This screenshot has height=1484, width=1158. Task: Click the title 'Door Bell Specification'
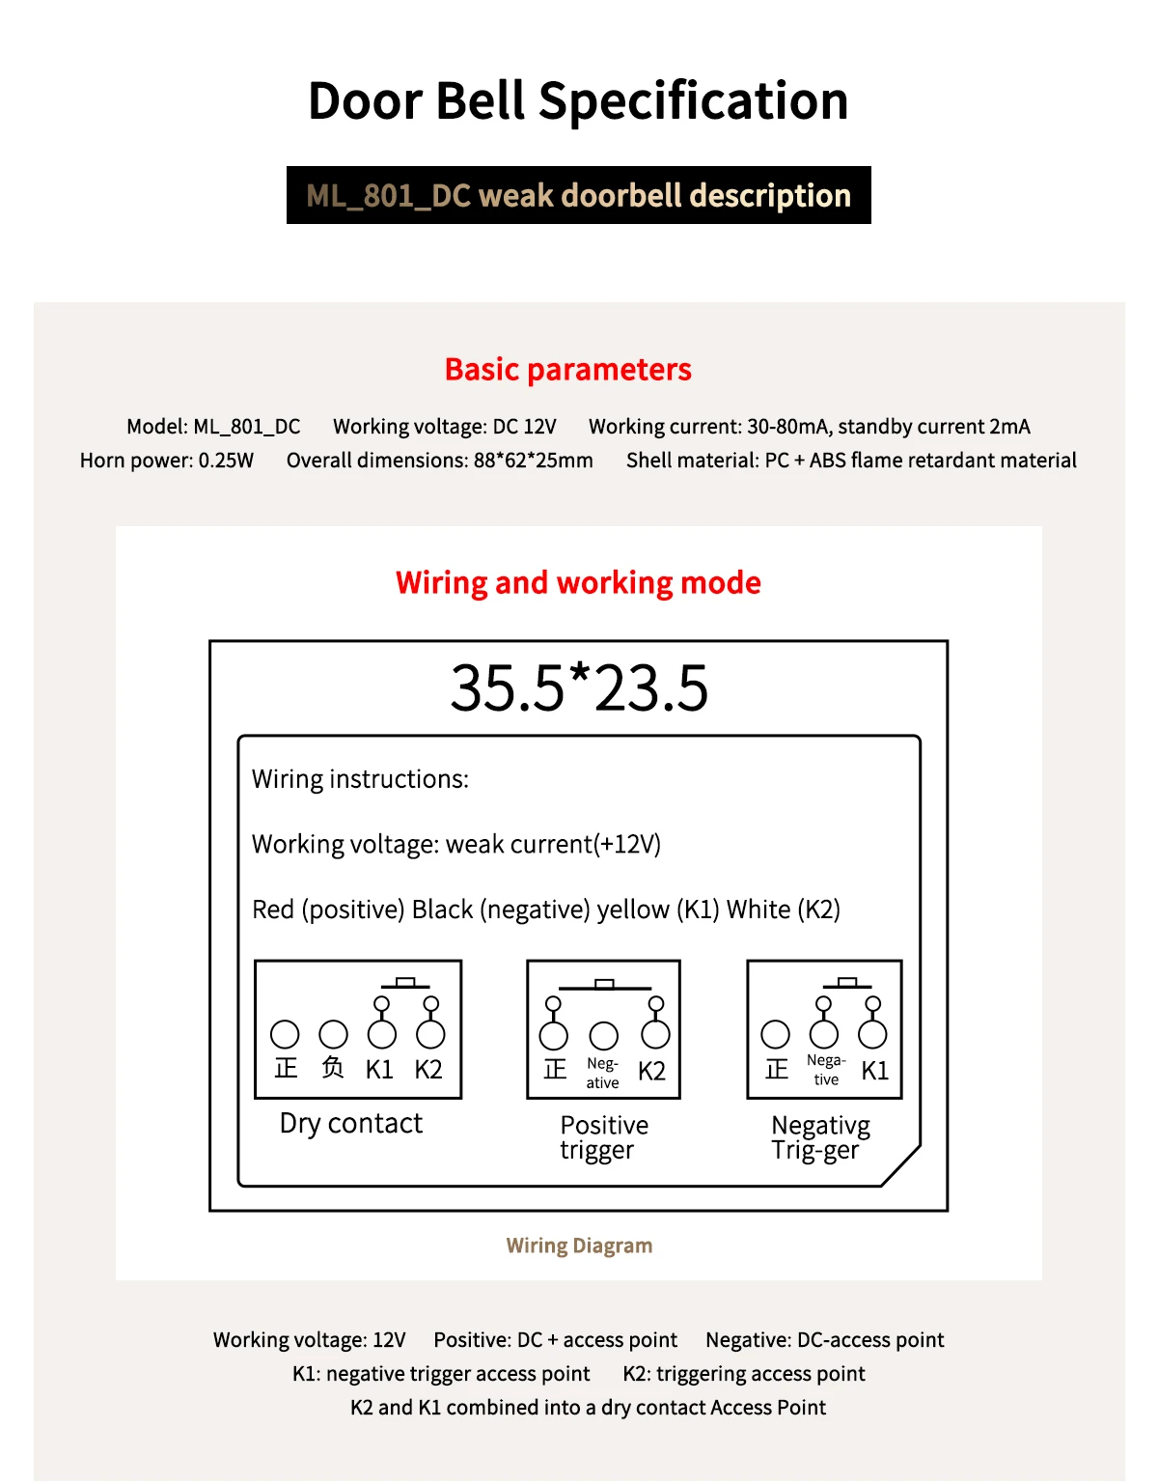click(578, 101)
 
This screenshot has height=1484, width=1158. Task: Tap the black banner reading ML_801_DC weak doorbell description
click(578, 195)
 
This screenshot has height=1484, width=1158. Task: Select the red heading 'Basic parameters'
click(567, 370)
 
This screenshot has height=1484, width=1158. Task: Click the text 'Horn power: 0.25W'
click(167, 461)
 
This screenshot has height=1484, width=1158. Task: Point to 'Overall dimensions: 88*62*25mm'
click(439, 461)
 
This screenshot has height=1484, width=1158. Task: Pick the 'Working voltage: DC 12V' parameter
click(445, 427)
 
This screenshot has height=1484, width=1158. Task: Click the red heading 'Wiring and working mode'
click(578, 583)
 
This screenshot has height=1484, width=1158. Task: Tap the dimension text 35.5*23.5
click(579, 688)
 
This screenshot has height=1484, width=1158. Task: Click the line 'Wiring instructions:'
click(360, 779)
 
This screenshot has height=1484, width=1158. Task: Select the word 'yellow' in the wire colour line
click(633, 910)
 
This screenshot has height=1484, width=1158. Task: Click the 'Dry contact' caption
click(351, 1123)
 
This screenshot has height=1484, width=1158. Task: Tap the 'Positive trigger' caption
click(604, 1137)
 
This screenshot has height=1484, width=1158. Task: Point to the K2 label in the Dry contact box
click(428, 1070)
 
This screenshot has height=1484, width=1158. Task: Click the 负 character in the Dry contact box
click(333, 1068)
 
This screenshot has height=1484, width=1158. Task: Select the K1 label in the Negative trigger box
click(874, 1071)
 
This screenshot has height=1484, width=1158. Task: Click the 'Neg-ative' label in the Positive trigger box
click(603, 1073)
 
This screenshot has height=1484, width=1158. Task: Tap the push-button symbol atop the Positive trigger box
click(604, 985)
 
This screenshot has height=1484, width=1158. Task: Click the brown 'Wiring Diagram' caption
click(579, 1246)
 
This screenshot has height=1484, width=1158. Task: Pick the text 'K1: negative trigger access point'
click(441, 1374)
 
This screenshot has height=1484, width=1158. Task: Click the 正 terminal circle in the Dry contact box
click(285, 1035)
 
